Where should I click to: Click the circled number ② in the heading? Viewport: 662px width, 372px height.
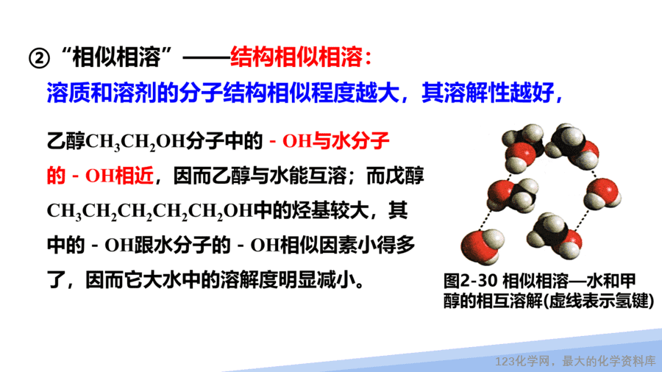click(39, 58)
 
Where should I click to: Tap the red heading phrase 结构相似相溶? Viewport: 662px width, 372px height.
click(296, 57)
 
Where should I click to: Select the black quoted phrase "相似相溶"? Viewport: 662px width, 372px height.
click(116, 57)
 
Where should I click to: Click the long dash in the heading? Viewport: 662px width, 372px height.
click(206, 58)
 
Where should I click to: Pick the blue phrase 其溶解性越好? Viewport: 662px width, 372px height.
click(488, 93)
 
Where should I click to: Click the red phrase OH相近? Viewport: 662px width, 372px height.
click(119, 176)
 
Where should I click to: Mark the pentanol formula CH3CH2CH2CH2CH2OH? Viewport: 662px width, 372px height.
click(150, 211)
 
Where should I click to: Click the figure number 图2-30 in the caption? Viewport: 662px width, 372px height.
click(471, 281)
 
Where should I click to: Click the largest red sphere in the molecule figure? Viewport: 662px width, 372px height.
click(479, 246)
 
